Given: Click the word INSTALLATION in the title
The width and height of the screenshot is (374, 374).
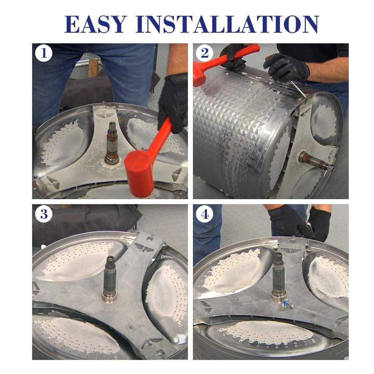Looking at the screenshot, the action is (x=227, y=24).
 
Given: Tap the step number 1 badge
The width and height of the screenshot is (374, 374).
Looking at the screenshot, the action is (x=44, y=53).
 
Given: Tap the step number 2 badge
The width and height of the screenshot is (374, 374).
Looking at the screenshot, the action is (x=204, y=53).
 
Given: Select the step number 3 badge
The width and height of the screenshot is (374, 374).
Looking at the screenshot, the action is (x=44, y=214).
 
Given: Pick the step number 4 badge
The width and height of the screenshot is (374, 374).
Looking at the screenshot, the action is (x=204, y=214).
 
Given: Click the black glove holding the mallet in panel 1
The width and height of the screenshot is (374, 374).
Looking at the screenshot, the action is (x=173, y=103).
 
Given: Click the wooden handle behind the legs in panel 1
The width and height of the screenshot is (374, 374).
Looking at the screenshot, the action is (x=93, y=68).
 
